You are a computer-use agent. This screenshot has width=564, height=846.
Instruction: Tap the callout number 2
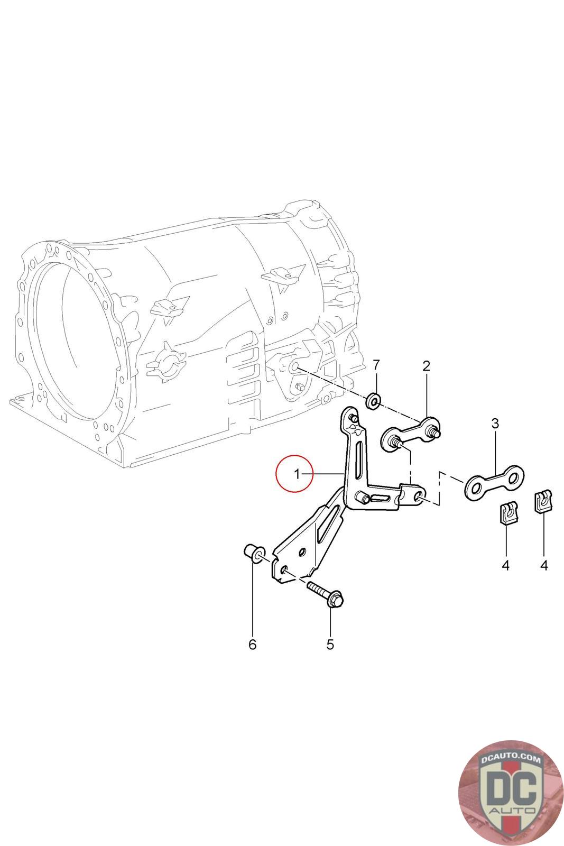(x=426, y=365)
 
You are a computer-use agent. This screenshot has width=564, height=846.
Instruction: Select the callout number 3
(x=495, y=423)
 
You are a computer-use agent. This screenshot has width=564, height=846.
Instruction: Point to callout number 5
(x=330, y=644)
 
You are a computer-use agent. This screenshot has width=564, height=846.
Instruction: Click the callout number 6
(x=252, y=644)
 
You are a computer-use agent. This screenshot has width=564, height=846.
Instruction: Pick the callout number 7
(x=376, y=365)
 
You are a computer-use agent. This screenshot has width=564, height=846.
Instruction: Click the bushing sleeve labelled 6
(x=252, y=554)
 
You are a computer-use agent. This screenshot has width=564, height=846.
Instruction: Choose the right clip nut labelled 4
(x=543, y=501)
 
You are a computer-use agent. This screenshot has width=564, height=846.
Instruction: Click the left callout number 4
(x=505, y=565)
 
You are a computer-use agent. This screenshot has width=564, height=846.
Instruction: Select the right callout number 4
(x=544, y=565)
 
